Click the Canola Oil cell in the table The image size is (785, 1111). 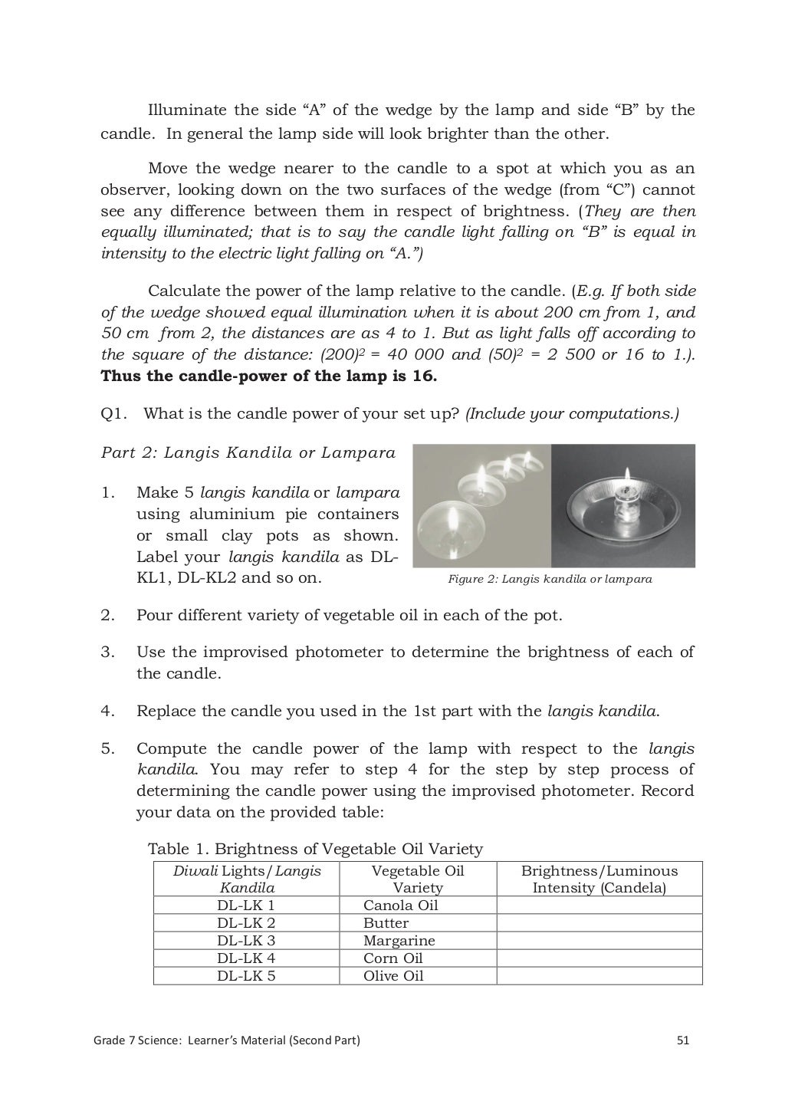(400, 906)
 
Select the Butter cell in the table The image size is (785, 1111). (386, 923)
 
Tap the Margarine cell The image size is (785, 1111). (399, 941)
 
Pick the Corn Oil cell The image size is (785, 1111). (392, 958)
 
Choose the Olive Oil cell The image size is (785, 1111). (393, 976)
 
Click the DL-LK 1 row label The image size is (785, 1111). (246, 906)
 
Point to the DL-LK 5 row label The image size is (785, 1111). (246, 976)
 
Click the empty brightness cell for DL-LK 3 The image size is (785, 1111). (599, 941)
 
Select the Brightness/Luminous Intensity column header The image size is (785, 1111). (599, 879)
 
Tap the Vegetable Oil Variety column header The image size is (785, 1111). (417, 879)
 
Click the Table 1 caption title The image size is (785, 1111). (315, 849)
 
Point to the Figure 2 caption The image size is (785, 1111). (550, 579)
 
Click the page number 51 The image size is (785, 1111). (683, 1040)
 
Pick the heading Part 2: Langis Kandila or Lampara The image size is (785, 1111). (248, 452)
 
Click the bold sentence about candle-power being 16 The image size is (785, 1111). (268, 376)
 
